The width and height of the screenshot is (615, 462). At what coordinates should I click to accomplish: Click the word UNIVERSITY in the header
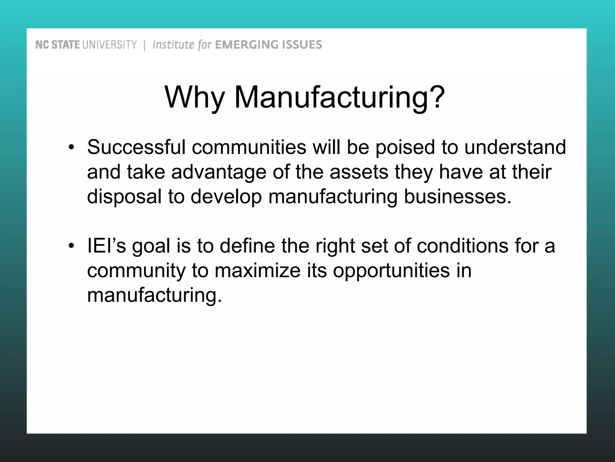pyautogui.click(x=109, y=45)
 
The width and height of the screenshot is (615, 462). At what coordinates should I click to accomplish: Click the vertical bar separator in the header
pyautogui.click(x=145, y=45)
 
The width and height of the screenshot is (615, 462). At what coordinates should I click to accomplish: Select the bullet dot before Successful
pyautogui.click(x=71, y=147)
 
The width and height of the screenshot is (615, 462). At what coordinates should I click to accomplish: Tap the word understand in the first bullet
pyautogui.click(x=515, y=147)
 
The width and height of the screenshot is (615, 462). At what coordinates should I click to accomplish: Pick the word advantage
pyautogui.click(x=219, y=172)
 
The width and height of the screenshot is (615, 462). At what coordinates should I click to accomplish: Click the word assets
pyautogui.click(x=359, y=172)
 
